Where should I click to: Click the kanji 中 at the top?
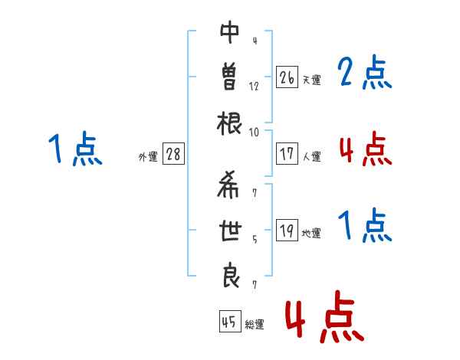coord(230,32)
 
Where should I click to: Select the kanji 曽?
coord(230,77)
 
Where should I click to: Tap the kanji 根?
coord(229,123)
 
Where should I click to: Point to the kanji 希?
coord(228,185)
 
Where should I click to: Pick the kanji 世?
coord(230,230)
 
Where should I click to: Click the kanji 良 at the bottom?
coord(231,277)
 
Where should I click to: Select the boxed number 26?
coord(287,77)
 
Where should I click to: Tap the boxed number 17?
coord(287,154)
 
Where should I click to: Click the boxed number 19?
coord(287,230)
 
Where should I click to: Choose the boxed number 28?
coord(173,154)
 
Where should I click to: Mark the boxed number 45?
coord(230,321)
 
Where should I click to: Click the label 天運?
coord(312,80)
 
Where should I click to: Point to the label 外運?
coord(148,156)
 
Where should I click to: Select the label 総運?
coord(255,324)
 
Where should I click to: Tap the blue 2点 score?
coord(365,72)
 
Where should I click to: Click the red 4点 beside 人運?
coord(366,149)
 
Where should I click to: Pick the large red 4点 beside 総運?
coord(325,316)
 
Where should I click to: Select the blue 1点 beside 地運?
coord(365,225)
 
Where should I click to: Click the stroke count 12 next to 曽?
coord(254,87)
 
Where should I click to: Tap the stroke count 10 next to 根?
coord(254,133)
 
